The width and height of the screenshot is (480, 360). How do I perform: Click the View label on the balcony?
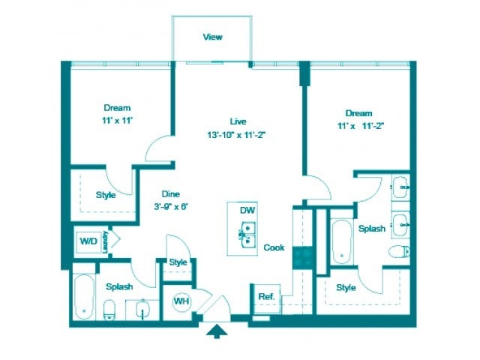212,37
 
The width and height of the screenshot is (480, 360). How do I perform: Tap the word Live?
238,121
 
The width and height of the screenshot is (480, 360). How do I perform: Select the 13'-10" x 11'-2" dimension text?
238,135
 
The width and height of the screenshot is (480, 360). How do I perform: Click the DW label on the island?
247,211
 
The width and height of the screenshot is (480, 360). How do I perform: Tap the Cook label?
274,247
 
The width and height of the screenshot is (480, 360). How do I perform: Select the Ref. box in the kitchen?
265,296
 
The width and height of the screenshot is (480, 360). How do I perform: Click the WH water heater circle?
181,301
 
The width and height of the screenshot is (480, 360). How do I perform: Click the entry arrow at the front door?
216,331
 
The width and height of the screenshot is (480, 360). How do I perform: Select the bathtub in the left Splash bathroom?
83,297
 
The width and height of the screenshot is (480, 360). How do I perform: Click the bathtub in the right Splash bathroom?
342,241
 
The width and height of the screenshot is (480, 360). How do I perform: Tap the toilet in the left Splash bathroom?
109,308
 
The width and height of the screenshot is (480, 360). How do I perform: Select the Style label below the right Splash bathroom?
346,287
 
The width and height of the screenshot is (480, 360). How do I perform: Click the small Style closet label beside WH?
178,262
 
